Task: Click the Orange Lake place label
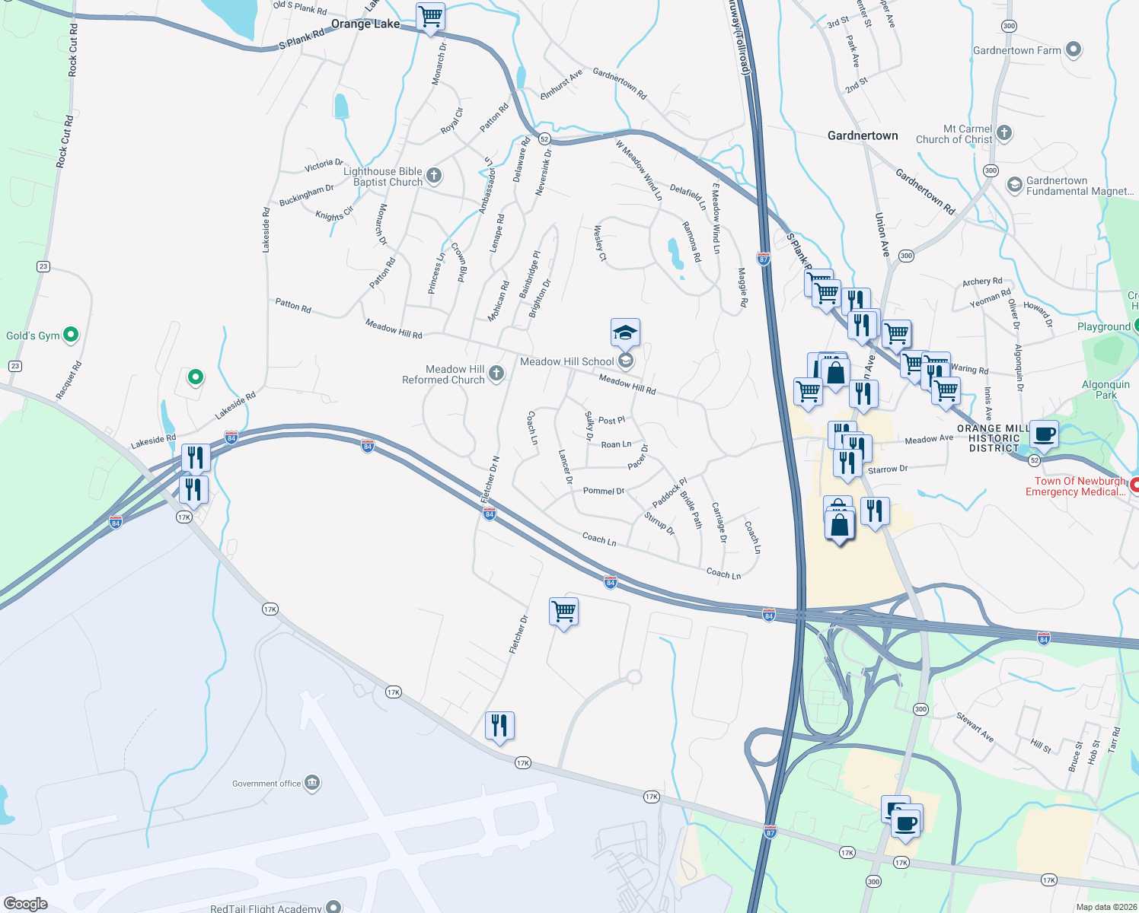[x=365, y=24]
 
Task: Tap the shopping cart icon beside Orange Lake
[x=431, y=17]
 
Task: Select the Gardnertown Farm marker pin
[x=1074, y=50]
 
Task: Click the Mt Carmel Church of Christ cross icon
[x=1004, y=134]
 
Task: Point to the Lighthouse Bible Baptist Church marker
[x=434, y=177]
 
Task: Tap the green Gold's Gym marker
[x=71, y=334]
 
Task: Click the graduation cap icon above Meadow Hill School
[x=625, y=333]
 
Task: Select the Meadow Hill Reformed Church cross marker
[x=496, y=373]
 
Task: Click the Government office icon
[x=312, y=783]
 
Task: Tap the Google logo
[x=26, y=903]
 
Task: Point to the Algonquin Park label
[x=1105, y=390]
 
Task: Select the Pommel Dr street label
[x=604, y=491]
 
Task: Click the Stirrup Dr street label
[x=659, y=523]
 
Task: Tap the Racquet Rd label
[x=69, y=380]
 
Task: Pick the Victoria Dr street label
[x=324, y=165]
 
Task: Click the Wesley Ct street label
[x=600, y=243]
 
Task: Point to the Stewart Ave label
[x=975, y=727]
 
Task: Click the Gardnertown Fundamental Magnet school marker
[x=1014, y=185]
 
